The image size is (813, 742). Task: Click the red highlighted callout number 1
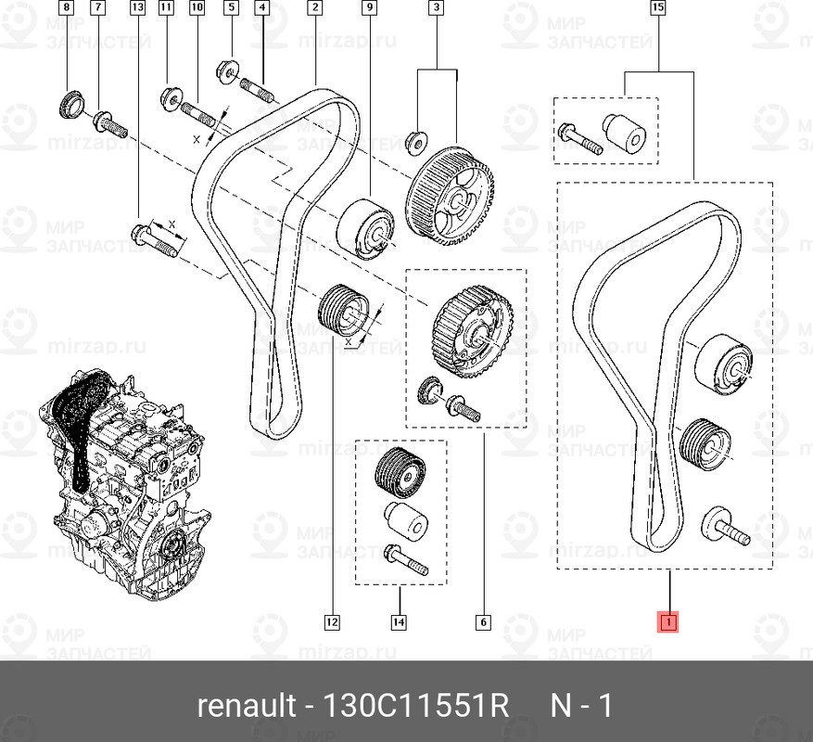(x=667, y=622)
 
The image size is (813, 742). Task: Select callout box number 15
(x=658, y=9)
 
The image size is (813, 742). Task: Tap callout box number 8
(x=64, y=9)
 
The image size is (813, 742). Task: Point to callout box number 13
(x=138, y=9)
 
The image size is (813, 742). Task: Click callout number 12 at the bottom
(x=332, y=622)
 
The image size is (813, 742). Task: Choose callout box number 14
(x=399, y=622)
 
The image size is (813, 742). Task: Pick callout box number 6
(x=483, y=622)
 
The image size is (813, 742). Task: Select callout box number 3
(x=436, y=9)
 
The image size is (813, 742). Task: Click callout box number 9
(x=369, y=9)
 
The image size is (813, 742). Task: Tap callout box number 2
(x=315, y=9)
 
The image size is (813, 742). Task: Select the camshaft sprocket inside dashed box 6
(x=473, y=330)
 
